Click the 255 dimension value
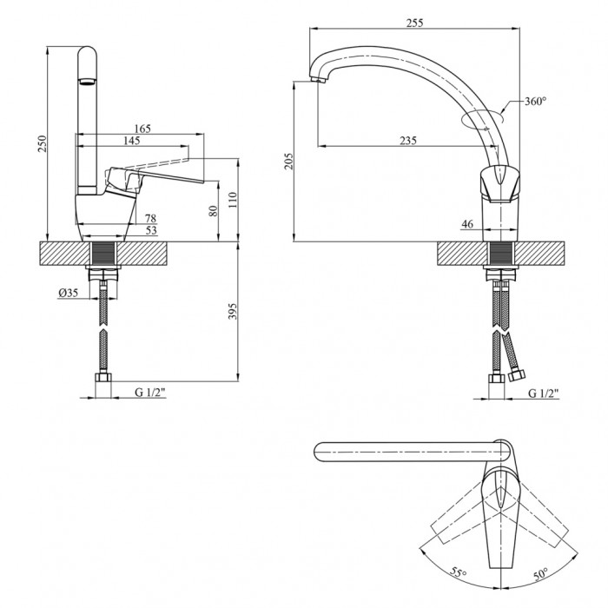click(x=414, y=23)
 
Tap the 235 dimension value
click(x=408, y=141)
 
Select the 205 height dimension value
click(x=289, y=161)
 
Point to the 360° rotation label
click(x=536, y=102)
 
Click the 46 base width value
click(x=467, y=224)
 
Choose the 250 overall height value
click(x=42, y=143)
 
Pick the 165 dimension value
click(x=142, y=129)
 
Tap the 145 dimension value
click(x=131, y=141)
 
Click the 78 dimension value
click(x=150, y=218)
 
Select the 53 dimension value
click(x=150, y=230)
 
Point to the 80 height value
click(x=214, y=210)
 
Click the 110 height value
click(x=233, y=200)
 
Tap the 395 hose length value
click(x=232, y=311)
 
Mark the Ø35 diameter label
click(x=69, y=293)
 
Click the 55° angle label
click(x=459, y=572)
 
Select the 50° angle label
click(x=541, y=573)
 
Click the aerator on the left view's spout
click(x=87, y=82)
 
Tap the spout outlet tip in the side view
click(x=317, y=80)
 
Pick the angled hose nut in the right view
click(x=516, y=375)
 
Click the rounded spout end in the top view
click(x=319, y=452)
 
